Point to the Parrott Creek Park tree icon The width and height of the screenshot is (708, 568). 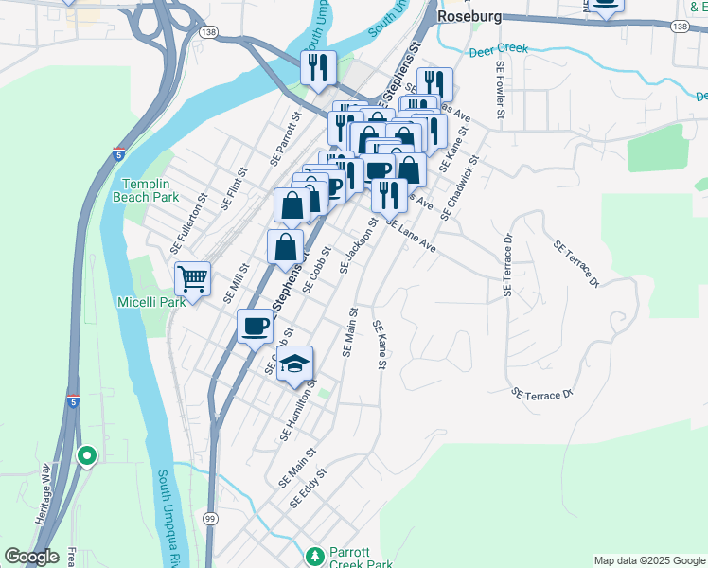click(x=315, y=555)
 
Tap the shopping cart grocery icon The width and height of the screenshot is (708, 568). click(x=192, y=279)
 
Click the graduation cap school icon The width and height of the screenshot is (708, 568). click(x=295, y=364)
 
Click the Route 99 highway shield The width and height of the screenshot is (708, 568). click(x=209, y=518)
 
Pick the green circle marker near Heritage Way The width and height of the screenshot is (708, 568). click(x=87, y=456)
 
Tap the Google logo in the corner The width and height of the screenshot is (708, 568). click(x=31, y=557)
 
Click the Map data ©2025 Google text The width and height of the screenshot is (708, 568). click(x=648, y=560)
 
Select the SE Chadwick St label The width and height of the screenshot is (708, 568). click(x=460, y=183)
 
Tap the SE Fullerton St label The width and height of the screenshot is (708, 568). click(x=188, y=223)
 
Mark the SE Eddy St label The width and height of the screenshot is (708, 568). click(x=309, y=488)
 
